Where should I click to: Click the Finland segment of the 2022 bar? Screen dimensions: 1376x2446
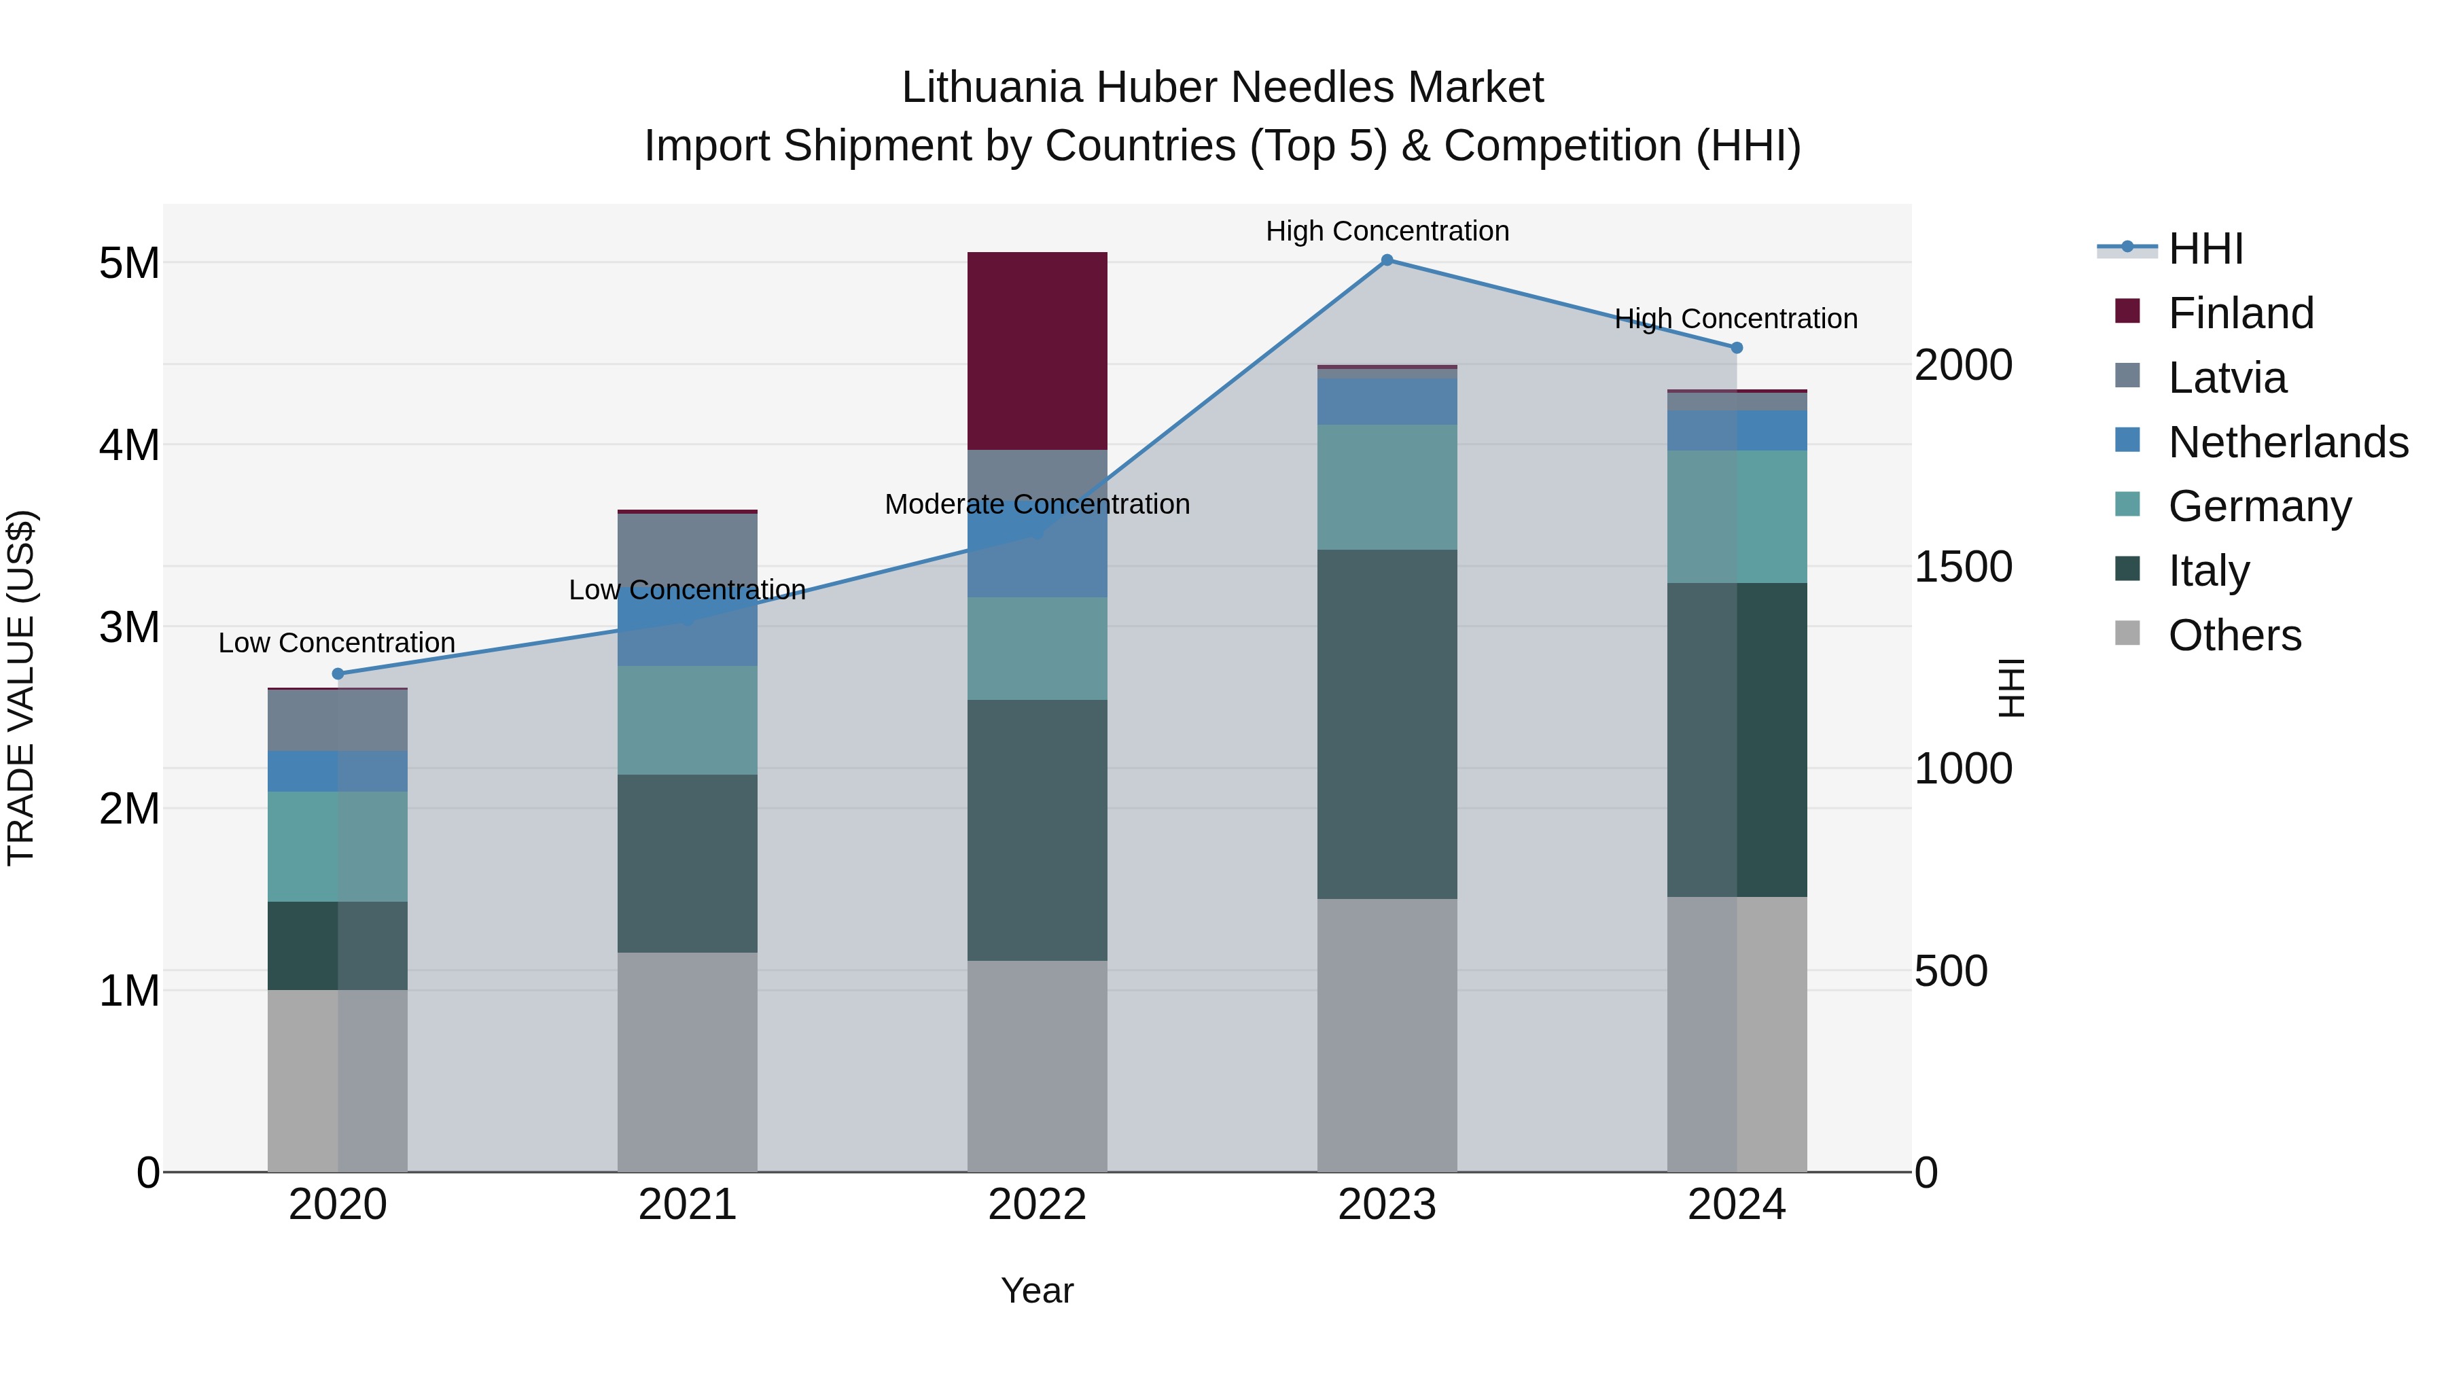coord(1037,351)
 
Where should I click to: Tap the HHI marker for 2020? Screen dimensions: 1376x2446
coord(338,674)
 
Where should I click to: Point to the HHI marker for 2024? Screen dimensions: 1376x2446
coord(1737,347)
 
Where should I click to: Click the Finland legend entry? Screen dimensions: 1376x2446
coord(2240,313)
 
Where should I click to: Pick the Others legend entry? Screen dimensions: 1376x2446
coord(2234,635)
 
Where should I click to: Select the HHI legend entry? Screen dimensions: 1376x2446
coord(2205,249)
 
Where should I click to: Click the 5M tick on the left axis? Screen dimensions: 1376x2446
coord(129,263)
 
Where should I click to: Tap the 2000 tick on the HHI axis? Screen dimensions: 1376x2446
coord(1963,366)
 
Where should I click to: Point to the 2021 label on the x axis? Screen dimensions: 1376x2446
coord(688,1205)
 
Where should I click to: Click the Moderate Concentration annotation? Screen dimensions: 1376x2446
coord(1037,504)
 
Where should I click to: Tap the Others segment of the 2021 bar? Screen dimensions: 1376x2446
coord(688,1061)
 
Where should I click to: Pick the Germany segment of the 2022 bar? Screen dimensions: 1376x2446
coord(1037,649)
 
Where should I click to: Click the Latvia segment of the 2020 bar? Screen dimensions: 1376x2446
coord(338,721)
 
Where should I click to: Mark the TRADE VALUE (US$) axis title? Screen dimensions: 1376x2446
coord(21,688)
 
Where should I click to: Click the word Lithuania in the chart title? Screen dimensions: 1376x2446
coord(991,88)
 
